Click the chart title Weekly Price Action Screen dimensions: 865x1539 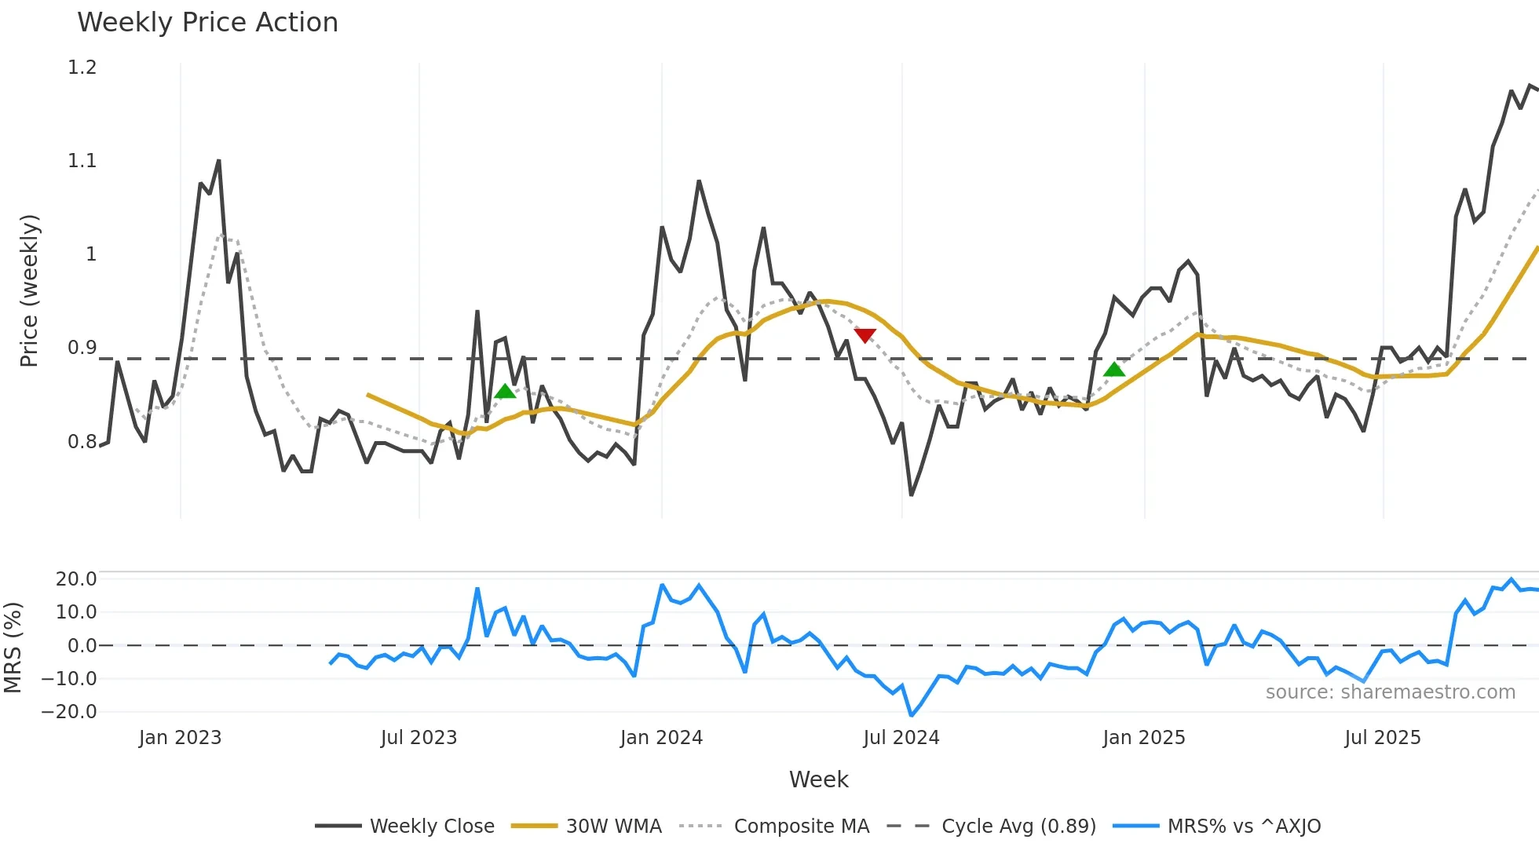(207, 23)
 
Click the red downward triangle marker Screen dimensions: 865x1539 (865, 336)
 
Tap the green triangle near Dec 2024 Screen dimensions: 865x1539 (1113, 370)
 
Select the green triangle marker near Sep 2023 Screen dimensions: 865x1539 (506, 391)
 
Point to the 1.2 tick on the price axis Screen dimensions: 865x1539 (82, 68)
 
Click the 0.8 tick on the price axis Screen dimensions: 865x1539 (82, 442)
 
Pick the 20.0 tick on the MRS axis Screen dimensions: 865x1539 (75, 579)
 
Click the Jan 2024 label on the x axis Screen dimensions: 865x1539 (661, 738)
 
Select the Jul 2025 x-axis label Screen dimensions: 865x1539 (1382, 738)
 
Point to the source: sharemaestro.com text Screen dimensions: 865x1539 (1390, 692)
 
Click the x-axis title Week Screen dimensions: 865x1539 (818, 779)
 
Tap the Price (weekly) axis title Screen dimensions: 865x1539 (29, 290)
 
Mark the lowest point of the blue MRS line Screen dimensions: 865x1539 (911, 715)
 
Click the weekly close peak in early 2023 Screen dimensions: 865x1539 (218, 161)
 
